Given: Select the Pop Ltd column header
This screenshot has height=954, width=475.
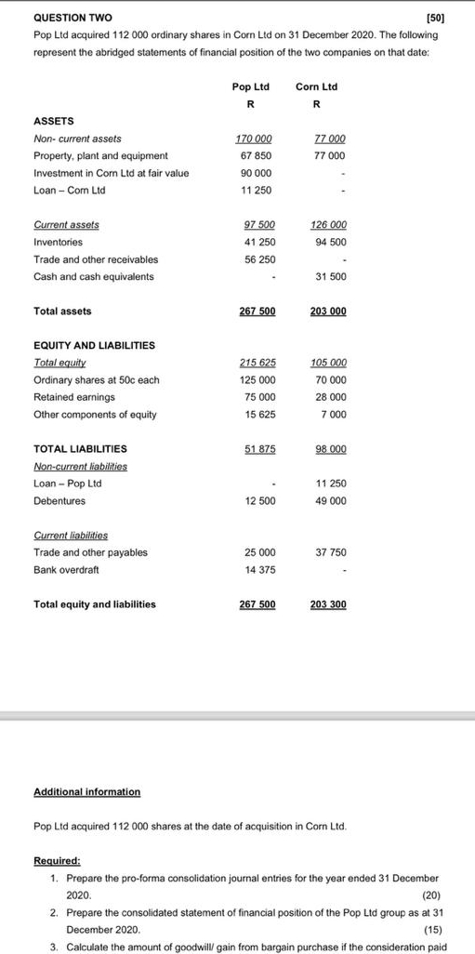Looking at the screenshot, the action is tap(251, 86).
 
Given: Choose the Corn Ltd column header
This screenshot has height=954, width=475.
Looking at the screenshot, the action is tap(316, 86).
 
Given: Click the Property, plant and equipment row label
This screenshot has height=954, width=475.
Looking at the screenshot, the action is tap(100, 155).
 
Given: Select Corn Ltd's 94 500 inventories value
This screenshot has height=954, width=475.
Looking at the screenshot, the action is tap(330, 242).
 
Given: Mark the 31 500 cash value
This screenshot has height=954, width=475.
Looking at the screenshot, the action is tap(330, 276).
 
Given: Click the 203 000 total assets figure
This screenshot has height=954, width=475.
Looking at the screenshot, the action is tap(328, 311).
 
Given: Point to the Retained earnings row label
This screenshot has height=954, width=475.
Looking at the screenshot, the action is tap(72, 397).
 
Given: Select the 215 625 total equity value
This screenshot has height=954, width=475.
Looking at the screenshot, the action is tap(257, 363).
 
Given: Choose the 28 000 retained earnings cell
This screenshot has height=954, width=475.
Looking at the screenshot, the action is tap(330, 397).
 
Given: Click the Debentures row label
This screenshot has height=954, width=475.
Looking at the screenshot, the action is tap(59, 500).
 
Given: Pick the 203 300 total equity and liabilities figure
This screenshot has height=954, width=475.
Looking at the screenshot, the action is tap(328, 604).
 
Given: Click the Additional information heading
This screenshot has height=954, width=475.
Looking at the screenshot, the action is tap(86, 791).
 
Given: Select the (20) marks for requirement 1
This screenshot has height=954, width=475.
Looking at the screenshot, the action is tap(431, 894).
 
